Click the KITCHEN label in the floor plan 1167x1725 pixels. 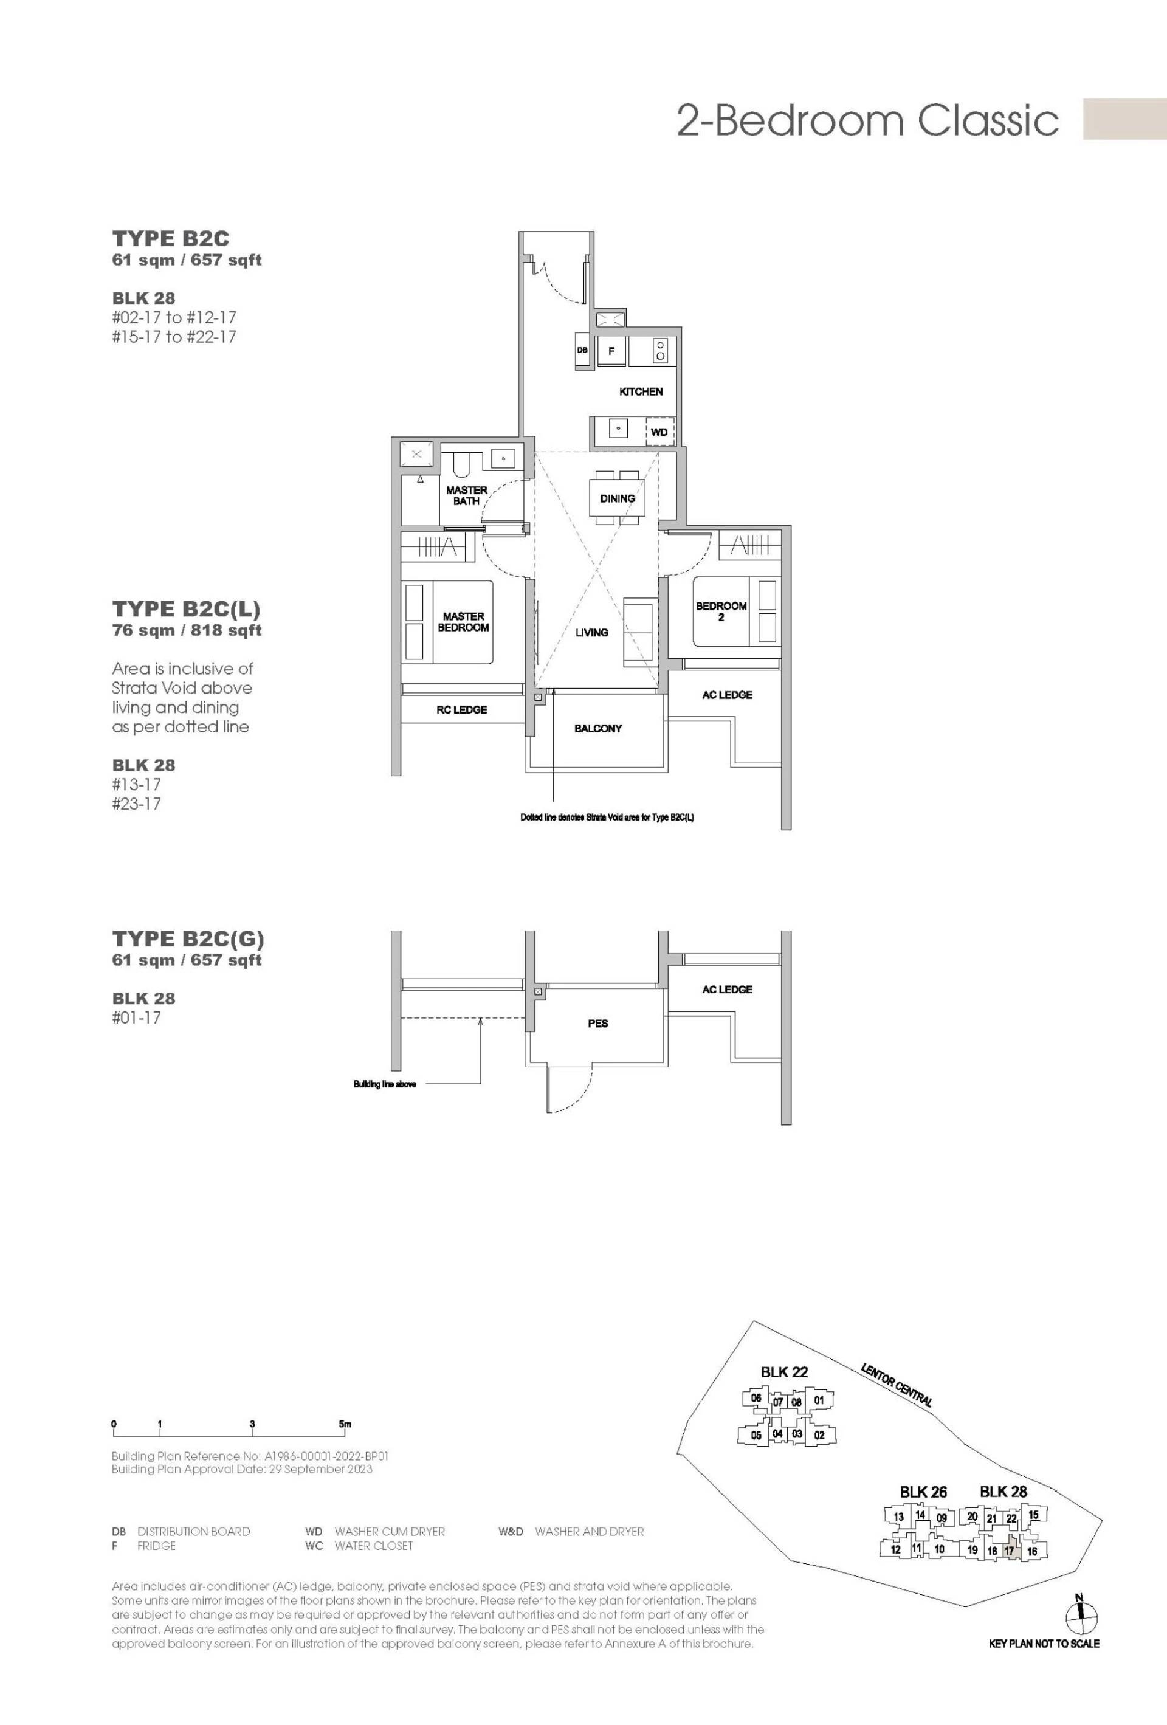pos(641,391)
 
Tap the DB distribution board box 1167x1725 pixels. pos(583,350)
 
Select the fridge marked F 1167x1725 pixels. pos(611,351)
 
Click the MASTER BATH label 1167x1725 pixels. pos(466,496)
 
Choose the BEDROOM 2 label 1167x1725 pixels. pos(721,611)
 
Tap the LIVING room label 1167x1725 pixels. pos(591,632)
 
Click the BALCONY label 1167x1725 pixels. pos(597,728)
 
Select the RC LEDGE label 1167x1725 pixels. pos(462,709)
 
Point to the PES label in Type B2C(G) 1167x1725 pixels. pos(597,1023)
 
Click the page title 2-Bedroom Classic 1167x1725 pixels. pos(868,120)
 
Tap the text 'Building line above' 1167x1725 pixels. pos(385,1084)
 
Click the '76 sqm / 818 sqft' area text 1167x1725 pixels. pos(187,630)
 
